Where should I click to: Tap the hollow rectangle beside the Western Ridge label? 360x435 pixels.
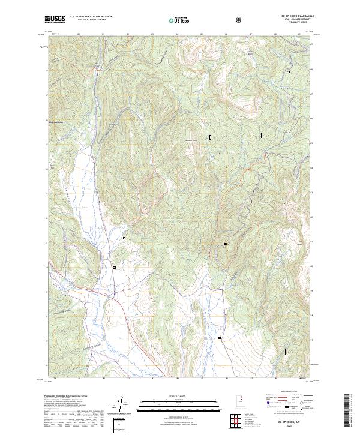coord(211,137)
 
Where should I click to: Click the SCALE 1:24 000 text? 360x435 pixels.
coord(171,395)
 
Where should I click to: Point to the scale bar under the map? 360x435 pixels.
coord(171,402)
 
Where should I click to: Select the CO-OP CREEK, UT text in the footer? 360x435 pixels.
coord(287,423)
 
